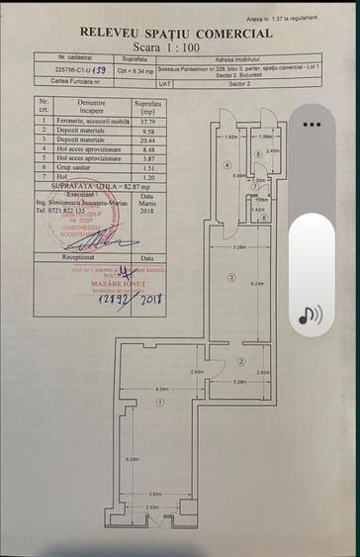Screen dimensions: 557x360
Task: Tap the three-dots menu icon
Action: point(312,125)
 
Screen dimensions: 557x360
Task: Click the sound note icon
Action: point(311,315)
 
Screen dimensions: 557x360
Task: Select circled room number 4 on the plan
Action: point(226,164)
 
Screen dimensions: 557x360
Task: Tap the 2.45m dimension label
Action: point(272,150)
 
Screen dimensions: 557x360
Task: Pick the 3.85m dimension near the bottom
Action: point(155,494)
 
